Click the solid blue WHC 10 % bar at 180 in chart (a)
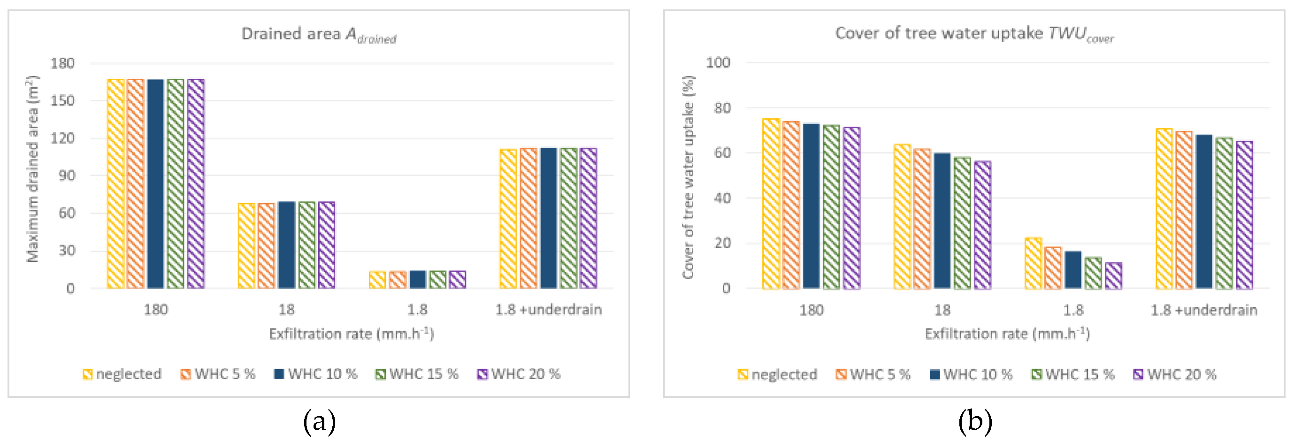pos(156,184)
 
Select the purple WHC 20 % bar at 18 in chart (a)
pos(327,245)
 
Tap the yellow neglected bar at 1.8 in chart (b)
pos(1033,264)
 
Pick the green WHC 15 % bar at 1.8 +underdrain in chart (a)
pos(569,218)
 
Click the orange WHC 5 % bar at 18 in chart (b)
pos(922,219)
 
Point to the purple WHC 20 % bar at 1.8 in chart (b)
pos(1113,276)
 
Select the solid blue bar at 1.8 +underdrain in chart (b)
pos(1203,212)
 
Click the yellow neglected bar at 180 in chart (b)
pos(771,204)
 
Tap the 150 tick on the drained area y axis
pos(62,100)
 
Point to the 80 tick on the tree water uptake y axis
pos(722,108)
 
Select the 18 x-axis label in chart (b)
pos(942,311)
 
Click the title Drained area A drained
pos(319,35)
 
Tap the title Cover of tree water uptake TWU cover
pos(974,34)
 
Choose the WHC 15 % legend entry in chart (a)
pos(417,374)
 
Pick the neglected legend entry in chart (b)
pos(777,375)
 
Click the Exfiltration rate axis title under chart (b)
pos(1007,334)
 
